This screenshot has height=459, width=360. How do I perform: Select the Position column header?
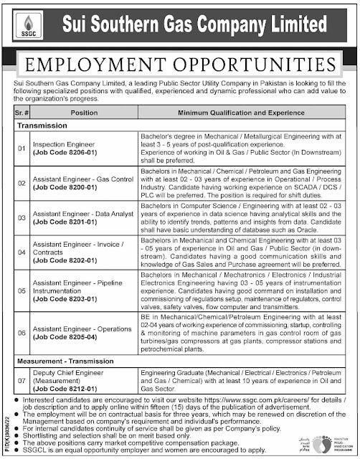click(x=84, y=113)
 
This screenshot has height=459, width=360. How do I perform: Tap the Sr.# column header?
click(x=22, y=113)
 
